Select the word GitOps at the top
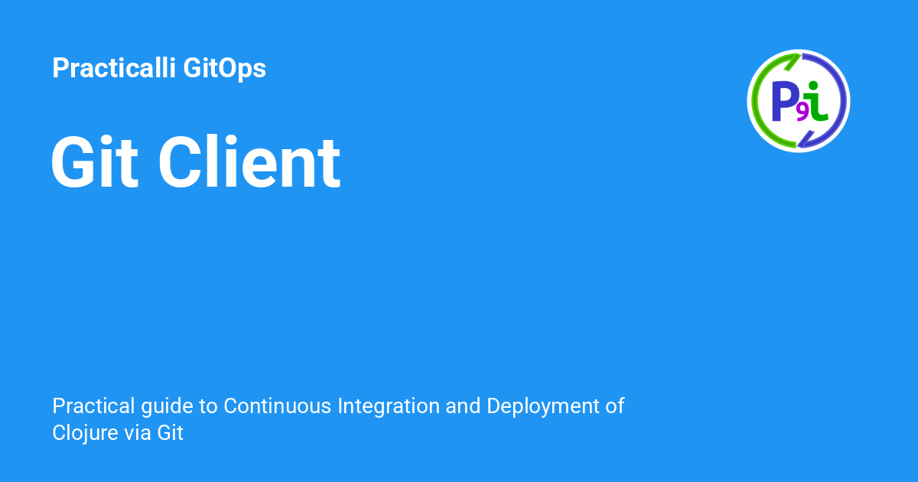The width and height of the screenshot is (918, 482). [225, 69]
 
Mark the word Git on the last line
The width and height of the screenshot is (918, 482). [171, 433]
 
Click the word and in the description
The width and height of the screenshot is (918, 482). [462, 405]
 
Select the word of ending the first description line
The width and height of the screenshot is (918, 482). [615, 405]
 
